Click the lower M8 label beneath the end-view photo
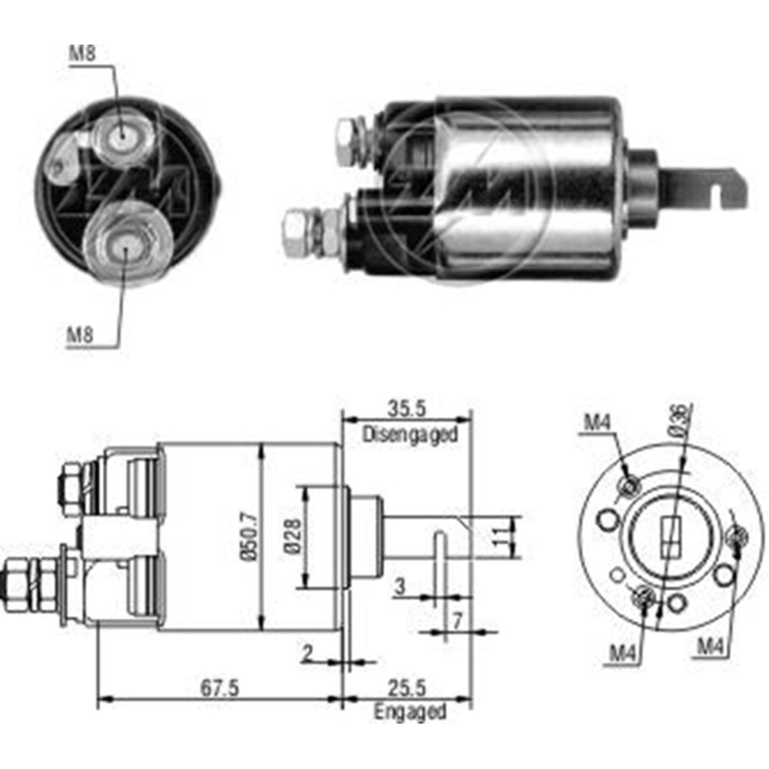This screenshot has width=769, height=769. (x=80, y=335)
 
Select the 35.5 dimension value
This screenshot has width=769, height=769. (x=408, y=407)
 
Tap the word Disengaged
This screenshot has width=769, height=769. (x=410, y=434)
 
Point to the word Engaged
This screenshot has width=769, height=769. (x=410, y=711)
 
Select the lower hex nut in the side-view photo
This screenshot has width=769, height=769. (x=295, y=231)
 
